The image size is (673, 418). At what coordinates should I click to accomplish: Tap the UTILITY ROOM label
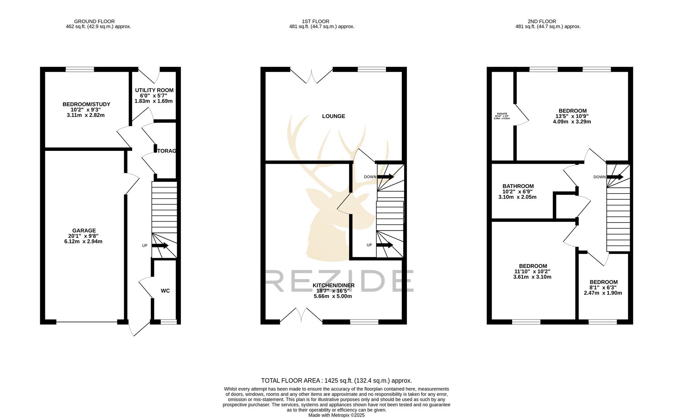tap(154, 90)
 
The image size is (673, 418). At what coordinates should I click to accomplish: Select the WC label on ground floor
tap(165, 291)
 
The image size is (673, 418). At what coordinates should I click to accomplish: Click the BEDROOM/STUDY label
tap(86, 104)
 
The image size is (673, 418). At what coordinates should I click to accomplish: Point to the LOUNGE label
tap(333, 116)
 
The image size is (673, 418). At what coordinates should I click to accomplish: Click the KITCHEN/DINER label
tap(333, 285)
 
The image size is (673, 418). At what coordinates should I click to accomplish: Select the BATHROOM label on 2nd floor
tap(518, 186)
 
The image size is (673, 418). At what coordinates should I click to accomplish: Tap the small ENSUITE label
tap(502, 114)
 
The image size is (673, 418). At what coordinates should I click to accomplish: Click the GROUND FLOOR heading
tap(94, 21)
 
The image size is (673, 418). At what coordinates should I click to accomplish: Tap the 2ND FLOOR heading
tap(542, 21)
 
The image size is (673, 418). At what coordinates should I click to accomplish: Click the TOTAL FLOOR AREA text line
tap(336, 380)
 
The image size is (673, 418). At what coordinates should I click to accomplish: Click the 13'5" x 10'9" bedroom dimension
tap(572, 116)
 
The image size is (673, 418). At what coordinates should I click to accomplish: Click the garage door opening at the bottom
tap(87, 322)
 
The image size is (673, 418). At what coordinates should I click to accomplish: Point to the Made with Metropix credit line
tap(336, 415)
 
